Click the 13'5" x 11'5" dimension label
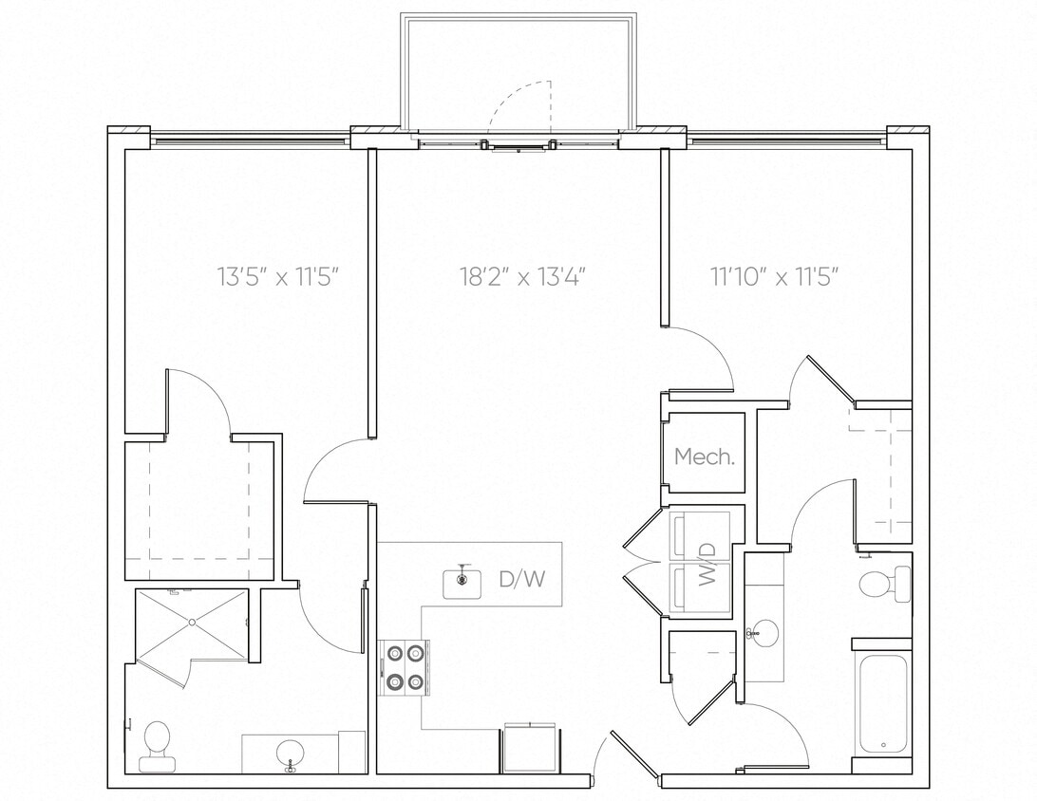click(278, 277)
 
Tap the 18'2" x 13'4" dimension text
click(522, 277)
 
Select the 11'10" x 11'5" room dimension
click(776, 277)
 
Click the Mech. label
click(704, 456)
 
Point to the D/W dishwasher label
click(522, 579)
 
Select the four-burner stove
click(405, 668)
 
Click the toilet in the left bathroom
click(156, 742)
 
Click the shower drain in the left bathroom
click(192, 623)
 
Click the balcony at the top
click(518, 71)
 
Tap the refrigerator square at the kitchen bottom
click(531, 747)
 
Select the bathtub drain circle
click(883, 745)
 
